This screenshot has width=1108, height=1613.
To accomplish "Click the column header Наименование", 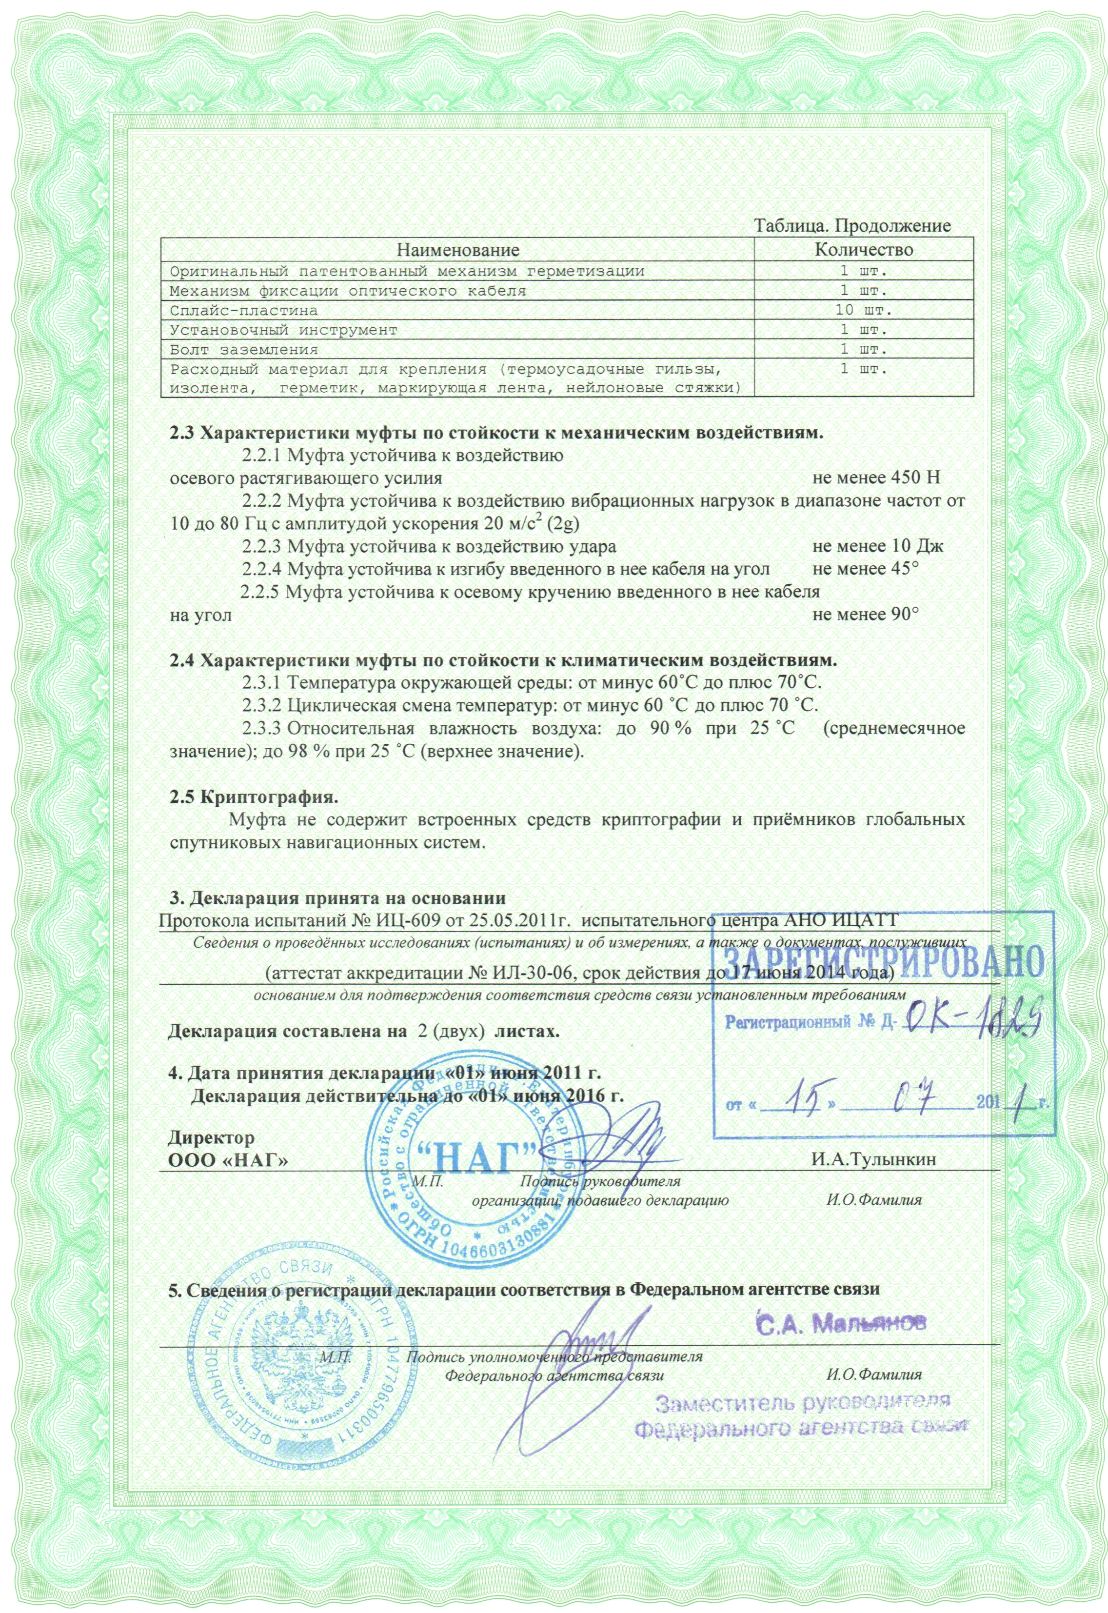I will (x=458, y=249).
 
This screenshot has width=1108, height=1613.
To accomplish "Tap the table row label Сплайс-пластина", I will (x=244, y=310).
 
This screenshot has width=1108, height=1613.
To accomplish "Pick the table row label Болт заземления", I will (x=244, y=350).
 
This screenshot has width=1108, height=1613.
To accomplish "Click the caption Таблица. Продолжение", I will (x=852, y=226).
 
